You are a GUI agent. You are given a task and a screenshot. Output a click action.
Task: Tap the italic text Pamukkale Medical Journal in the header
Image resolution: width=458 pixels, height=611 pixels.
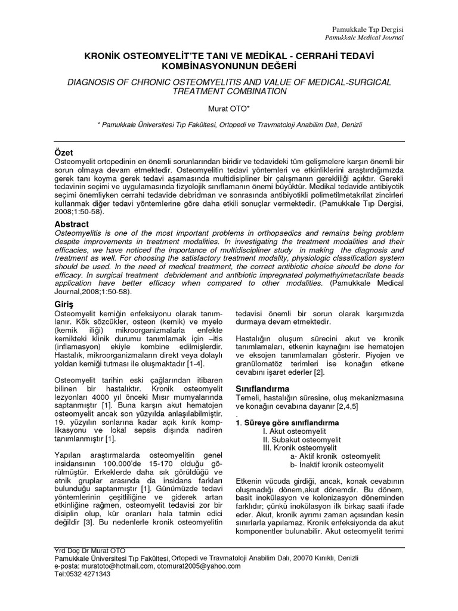click(365, 38)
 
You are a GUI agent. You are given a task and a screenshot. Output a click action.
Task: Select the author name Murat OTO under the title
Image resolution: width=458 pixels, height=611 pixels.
click(229, 109)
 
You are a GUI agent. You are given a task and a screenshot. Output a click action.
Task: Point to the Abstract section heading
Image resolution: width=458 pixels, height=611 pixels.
click(72, 224)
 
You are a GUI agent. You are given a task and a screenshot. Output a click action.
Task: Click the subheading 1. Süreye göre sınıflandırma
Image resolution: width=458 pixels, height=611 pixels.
click(287, 422)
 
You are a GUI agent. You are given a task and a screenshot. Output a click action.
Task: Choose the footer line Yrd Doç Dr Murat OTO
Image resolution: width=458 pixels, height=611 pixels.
click(89, 550)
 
